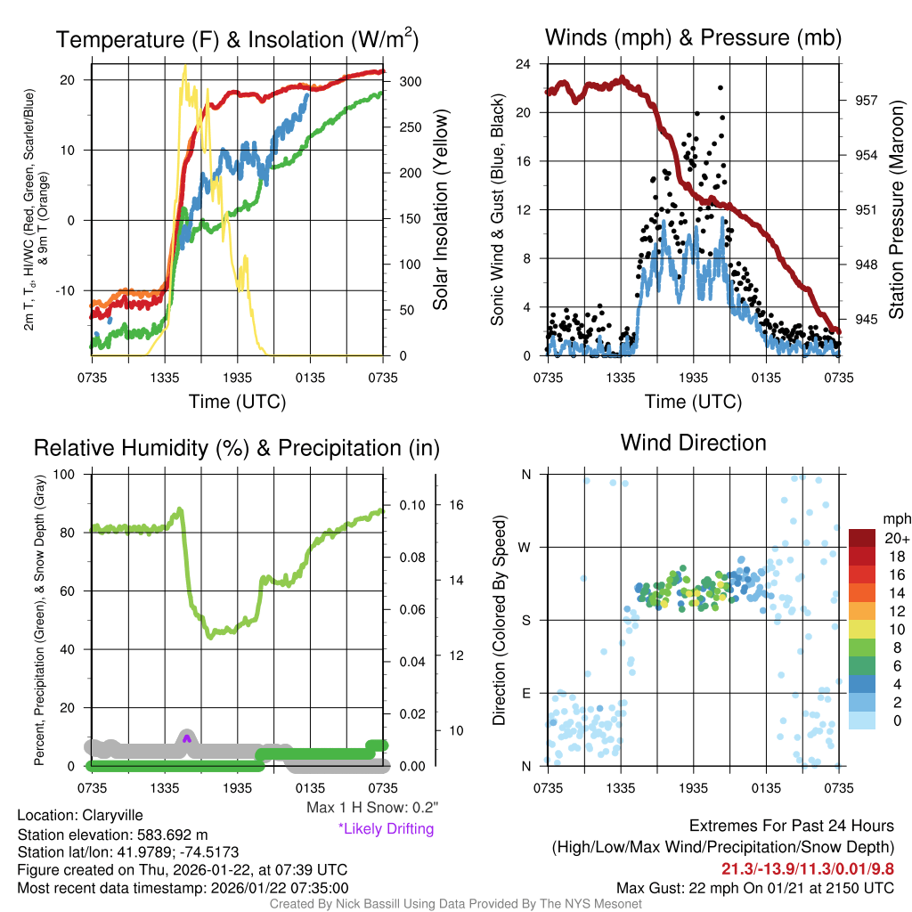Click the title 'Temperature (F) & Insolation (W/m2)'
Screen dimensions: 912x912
tap(238, 39)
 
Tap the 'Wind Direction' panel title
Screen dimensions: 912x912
tap(693, 443)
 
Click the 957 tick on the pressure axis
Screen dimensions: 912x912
tap(860, 101)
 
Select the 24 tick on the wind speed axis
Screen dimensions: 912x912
tap(525, 64)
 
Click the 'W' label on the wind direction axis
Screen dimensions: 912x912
tap(525, 547)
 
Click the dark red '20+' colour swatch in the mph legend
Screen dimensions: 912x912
tap(862, 538)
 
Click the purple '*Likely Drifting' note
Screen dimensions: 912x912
tap(386, 828)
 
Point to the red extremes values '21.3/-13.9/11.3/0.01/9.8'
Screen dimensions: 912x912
tap(808, 868)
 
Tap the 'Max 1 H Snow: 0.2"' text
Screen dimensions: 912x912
tap(371, 808)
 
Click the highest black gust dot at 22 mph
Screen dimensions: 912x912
tap(721, 87)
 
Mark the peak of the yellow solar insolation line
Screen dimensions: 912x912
tap(184, 67)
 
